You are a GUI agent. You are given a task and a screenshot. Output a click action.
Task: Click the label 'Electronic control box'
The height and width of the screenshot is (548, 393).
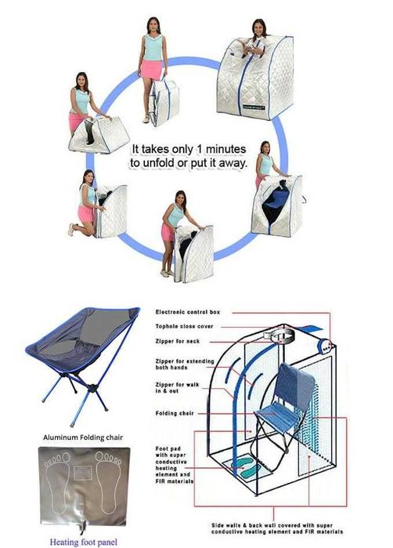[x=187, y=312]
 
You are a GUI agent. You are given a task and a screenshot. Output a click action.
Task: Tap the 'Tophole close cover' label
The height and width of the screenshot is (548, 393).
[x=185, y=326]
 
